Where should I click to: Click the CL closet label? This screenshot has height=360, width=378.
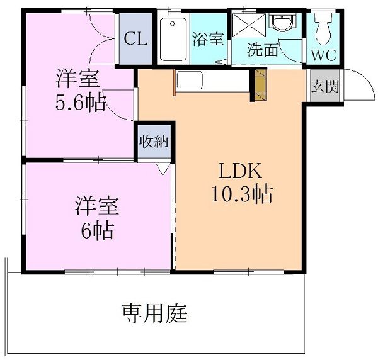coord(135,39)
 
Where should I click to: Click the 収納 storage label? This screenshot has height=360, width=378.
coord(154,141)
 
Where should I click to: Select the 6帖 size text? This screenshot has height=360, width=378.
coord(96,231)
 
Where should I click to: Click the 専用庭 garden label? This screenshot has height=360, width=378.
coord(155,312)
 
